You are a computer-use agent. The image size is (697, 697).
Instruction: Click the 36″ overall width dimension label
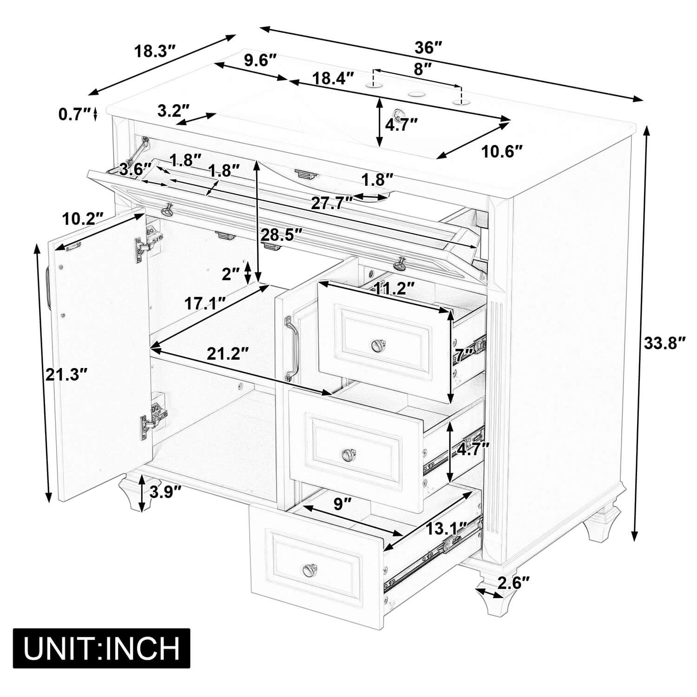pos(428,47)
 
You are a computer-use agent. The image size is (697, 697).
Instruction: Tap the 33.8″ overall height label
pos(665,343)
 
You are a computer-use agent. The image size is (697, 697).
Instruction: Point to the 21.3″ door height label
pos(67,374)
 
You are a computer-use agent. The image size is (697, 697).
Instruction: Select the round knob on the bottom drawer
pos(309,569)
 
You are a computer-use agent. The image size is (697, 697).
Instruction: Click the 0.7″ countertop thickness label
pos(74,113)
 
